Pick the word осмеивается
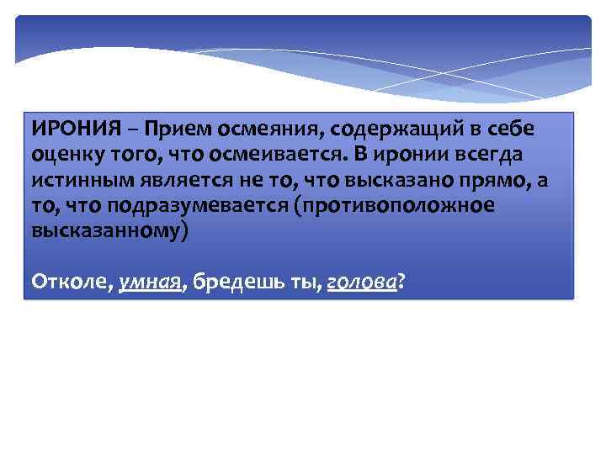tap(304, 156)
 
